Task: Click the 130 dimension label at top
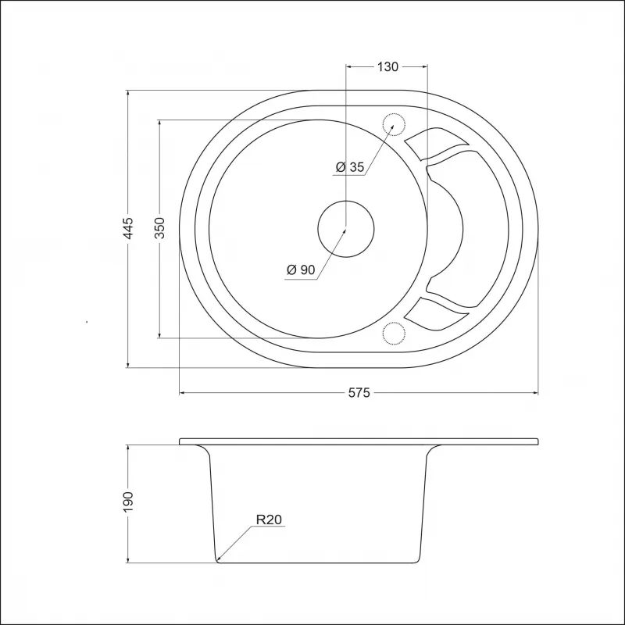click(x=387, y=66)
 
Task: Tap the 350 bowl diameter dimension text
click(x=162, y=229)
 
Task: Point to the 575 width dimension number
click(x=359, y=392)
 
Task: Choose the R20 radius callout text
click(x=269, y=520)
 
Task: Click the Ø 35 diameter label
click(x=350, y=167)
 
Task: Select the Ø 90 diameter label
click(x=301, y=270)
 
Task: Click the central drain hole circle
click(x=345, y=229)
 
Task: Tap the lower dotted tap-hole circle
click(x=394, y=334)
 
